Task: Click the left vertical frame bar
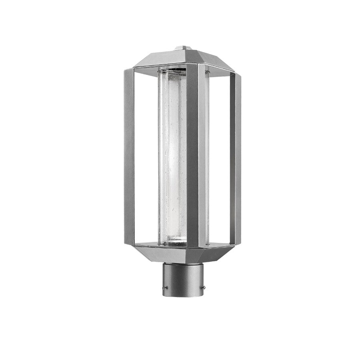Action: click(x=129, y=156)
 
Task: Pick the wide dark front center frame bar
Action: click(x=192, y=156)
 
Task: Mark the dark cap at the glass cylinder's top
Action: click(x=172, y=71)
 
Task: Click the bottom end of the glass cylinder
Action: click(x=173, y=242)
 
